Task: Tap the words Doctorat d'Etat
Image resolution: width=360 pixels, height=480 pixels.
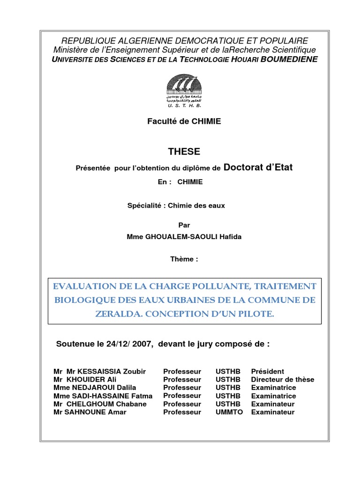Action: tap(258, 167)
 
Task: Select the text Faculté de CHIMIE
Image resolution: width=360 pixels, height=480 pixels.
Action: tap(184, 121)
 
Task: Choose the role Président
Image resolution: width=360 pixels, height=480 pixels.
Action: tap(268, 371)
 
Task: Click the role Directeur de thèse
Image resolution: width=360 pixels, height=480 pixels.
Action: tap(283, 379)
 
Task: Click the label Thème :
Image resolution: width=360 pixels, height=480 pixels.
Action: tap(184, 259)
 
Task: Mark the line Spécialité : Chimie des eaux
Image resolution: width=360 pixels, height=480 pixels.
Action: tap(176, 205)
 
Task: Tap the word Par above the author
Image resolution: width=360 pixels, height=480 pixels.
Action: tap(184, 225)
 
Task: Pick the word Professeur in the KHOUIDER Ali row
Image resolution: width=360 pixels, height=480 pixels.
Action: tap(182, 379)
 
